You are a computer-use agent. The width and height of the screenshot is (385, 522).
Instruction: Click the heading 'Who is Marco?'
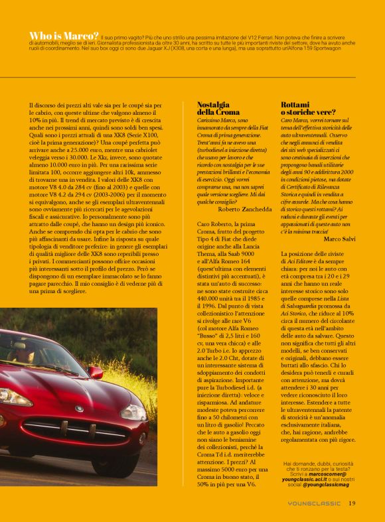(64, 35)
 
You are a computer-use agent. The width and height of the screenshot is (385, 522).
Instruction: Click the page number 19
(352, 503)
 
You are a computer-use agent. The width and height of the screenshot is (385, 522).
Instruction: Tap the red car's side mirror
(96, 372)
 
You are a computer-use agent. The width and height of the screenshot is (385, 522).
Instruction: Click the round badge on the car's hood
(79, 409)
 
